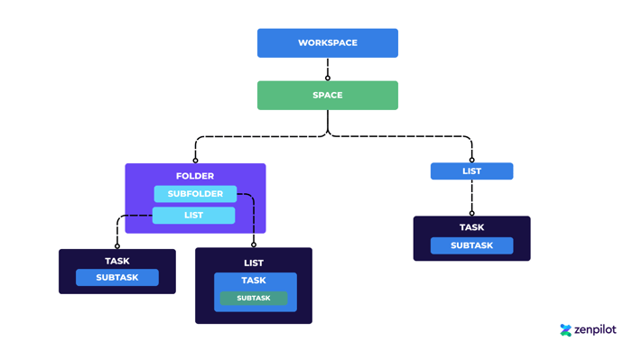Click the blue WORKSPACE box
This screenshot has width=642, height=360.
[x=327, y=43]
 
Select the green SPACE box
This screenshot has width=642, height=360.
[x=327, y=96]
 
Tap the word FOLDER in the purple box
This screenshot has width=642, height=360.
[x=195, y=176]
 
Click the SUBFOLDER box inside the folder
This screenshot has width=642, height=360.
[x=195, y=194]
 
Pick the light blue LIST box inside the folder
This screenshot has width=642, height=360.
[x=193, y=216]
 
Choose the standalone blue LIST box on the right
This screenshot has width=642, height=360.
[x=471, y=171]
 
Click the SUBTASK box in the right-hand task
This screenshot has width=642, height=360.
[x=471, y=245]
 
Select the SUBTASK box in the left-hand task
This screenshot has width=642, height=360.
[x=117, y=278]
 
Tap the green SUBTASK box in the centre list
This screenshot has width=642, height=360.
[x=254, y=299]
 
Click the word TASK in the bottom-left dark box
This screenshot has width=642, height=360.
[x=117, y=261]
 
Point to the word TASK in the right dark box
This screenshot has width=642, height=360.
[x=471, y=227]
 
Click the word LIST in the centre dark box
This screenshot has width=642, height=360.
[x=254, y=263]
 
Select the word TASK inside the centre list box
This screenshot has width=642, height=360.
[x=254, y=281]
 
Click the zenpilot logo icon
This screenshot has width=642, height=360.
[x=566, y=330]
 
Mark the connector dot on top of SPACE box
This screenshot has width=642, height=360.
[x=328, y=78]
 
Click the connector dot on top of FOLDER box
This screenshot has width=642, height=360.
[x=196, y=161]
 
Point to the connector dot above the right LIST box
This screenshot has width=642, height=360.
[x=471, y=161]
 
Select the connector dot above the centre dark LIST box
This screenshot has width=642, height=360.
[x=254, y=245]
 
